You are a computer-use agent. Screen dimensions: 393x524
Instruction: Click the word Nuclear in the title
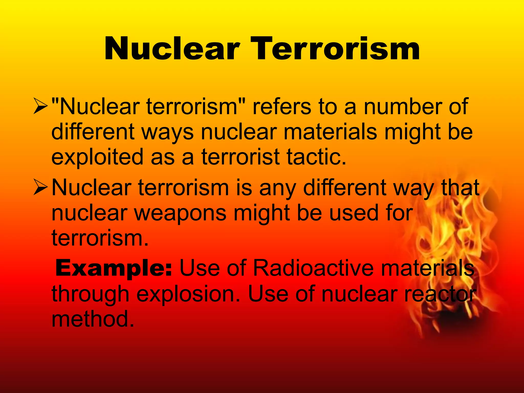172,49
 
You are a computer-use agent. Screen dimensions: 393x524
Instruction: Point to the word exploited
97,157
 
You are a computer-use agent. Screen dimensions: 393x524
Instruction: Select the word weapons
181,214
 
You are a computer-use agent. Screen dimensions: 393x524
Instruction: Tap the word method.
93,319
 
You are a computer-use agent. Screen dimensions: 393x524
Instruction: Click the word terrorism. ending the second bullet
100,238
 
